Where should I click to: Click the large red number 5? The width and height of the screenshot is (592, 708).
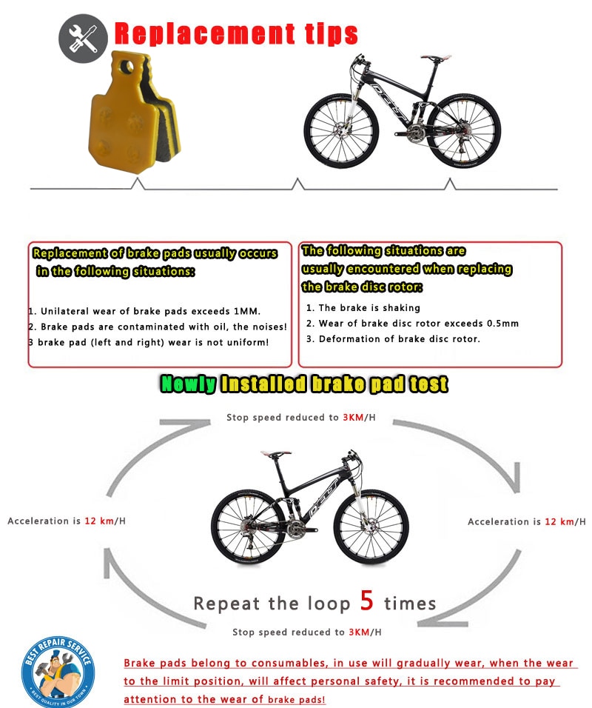(367, 601)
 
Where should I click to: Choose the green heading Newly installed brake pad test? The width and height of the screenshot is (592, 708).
(304, 384)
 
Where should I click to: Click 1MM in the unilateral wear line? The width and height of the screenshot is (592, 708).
(246, 311)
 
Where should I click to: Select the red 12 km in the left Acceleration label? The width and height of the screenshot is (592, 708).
(99, 521)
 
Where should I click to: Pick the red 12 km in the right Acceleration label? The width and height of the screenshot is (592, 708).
(559, 522)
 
